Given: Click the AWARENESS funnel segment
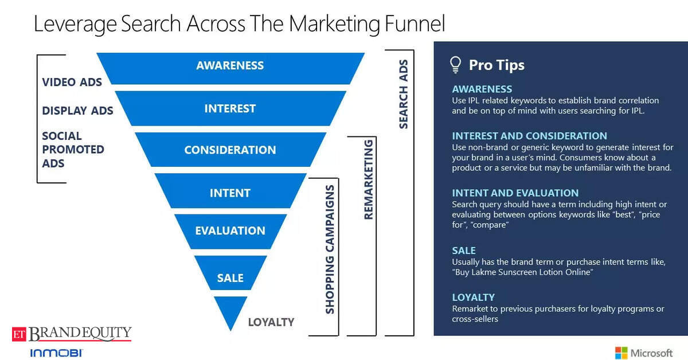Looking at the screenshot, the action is click(230, 68).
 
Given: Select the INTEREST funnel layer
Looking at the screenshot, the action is click(230, 108).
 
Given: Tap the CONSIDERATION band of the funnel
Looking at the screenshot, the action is click(230, 150).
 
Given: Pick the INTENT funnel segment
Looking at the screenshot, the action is click(230, 191).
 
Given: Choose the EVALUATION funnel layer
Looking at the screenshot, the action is click(230, 232).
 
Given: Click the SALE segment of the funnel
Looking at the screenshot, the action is click(230, 273).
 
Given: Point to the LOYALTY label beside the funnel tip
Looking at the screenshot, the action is click(271, 322).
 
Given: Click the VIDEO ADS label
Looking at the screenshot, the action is click(72, 83).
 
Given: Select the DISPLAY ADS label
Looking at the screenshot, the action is click(77, 111).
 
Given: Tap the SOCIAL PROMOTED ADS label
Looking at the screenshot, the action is click(73, 150).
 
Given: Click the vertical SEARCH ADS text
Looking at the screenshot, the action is click(403, 95).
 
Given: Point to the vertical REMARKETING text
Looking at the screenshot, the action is click(368, 179).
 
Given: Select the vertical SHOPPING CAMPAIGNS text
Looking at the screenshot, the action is click(330, 249).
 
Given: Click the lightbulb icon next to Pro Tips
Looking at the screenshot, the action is click(455, 65).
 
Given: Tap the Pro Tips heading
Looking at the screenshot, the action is click(497, 65).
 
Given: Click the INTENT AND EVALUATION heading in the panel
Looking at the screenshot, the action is click(515, 193).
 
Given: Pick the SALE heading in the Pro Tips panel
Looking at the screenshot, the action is click(464, 251).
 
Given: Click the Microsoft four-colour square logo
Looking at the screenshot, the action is click(621, 353).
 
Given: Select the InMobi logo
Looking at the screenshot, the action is click(57, 353).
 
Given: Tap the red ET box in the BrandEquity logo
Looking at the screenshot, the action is click(19, 334).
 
